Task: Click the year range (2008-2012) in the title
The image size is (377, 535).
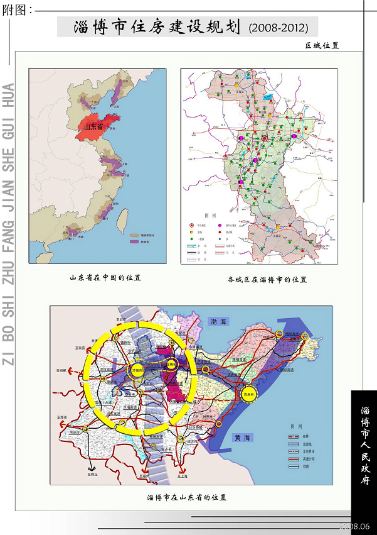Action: coord(278,28)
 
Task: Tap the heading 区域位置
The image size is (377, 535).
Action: coord(322,45)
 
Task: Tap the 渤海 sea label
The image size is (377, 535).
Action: coord(218,322)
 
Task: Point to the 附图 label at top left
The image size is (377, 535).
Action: coord(17,9)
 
